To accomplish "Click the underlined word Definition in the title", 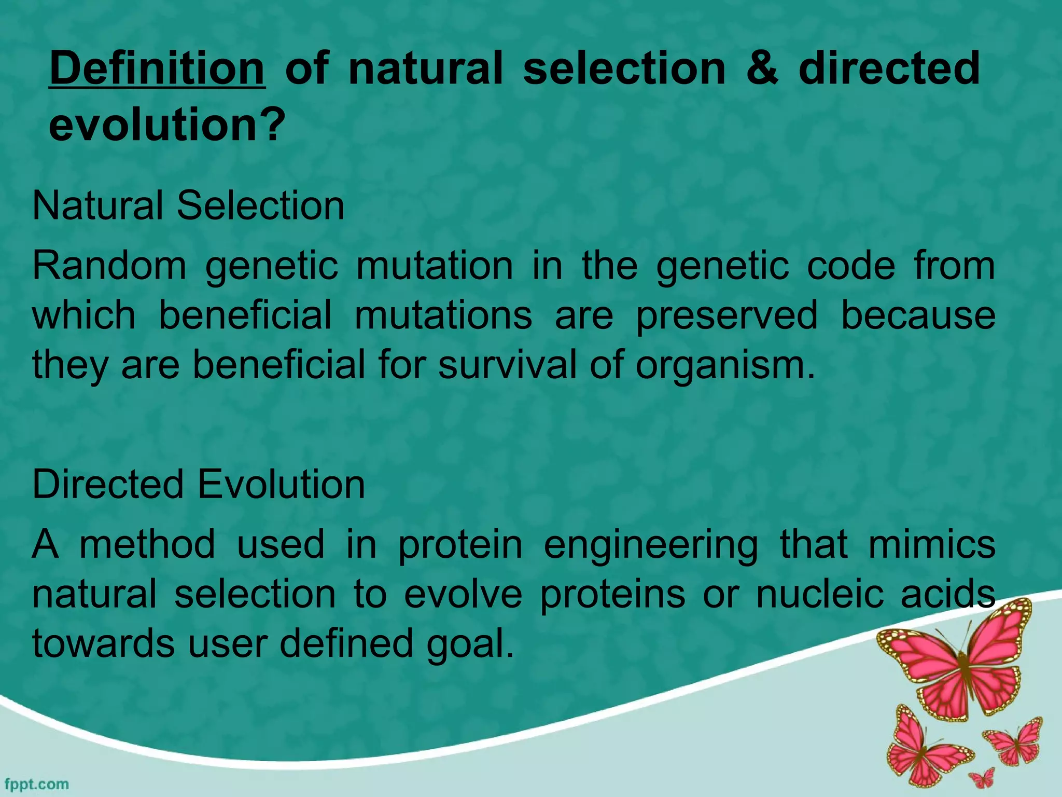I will (x=157, y=69).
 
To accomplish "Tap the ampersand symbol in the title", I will (x=762, y=69).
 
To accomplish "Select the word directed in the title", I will (x=889, y=69).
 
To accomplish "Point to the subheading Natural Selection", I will (x=188, y=206).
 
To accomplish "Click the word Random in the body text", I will (x=109, y=266).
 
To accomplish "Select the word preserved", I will (x=726, y=315).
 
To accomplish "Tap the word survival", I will (x=507, y=364).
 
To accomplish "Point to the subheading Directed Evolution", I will (x=199, y=485).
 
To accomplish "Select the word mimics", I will (x=931, y=544).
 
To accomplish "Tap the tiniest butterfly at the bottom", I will (x=982, y=778).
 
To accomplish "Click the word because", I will (x=917, y=315).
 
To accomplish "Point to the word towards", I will (x=103, y=644).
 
